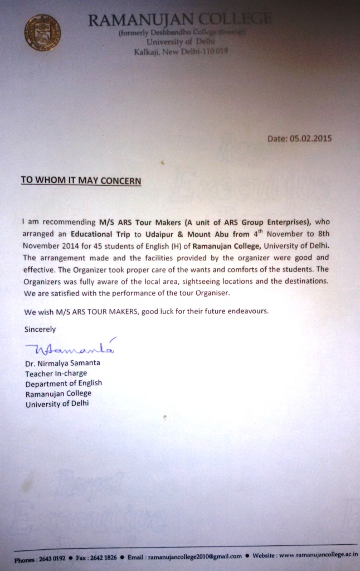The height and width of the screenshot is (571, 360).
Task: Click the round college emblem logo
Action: tap(42, 32)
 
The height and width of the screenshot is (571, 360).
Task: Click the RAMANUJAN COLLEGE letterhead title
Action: tap(180, 21)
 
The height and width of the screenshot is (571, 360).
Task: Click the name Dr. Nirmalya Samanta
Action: tap(62, 363)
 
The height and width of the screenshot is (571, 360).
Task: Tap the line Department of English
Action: tap(64, 383)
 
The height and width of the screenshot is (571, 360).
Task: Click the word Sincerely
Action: tap(40, 330)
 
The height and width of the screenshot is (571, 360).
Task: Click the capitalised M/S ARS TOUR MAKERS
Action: tap(91, 311)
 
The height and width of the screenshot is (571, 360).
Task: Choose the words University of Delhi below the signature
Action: tap(57, 404)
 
